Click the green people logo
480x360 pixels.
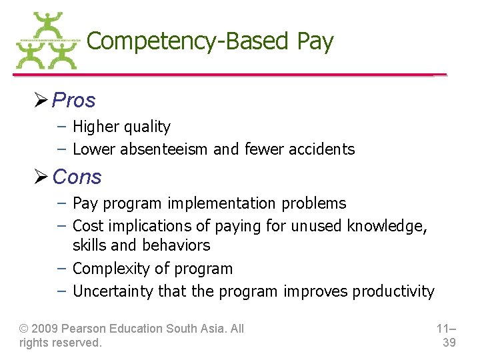pyautogui.click(x=47, y=41)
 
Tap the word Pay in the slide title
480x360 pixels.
pyautogui.click(x=315, y=41)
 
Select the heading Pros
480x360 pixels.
pyautogui.click(x=74, y=101)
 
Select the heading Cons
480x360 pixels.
pyautogui.click(x=77, y=177)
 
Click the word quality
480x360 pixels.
pyautogui.click(x=148, y=127)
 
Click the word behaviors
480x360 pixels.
pyautogui.click(x=176, y=245)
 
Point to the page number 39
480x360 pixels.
pyautogui.click(x=449, y=343)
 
